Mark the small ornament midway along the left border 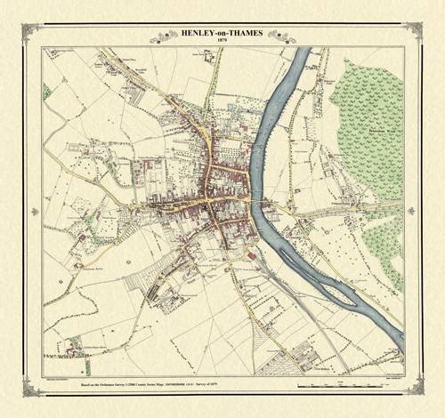pyautogui.click(x=25, y=210)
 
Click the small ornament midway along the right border pyautogui.click(x=420, y=210)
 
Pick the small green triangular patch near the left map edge pyautogui.click(x=46, y=90)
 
